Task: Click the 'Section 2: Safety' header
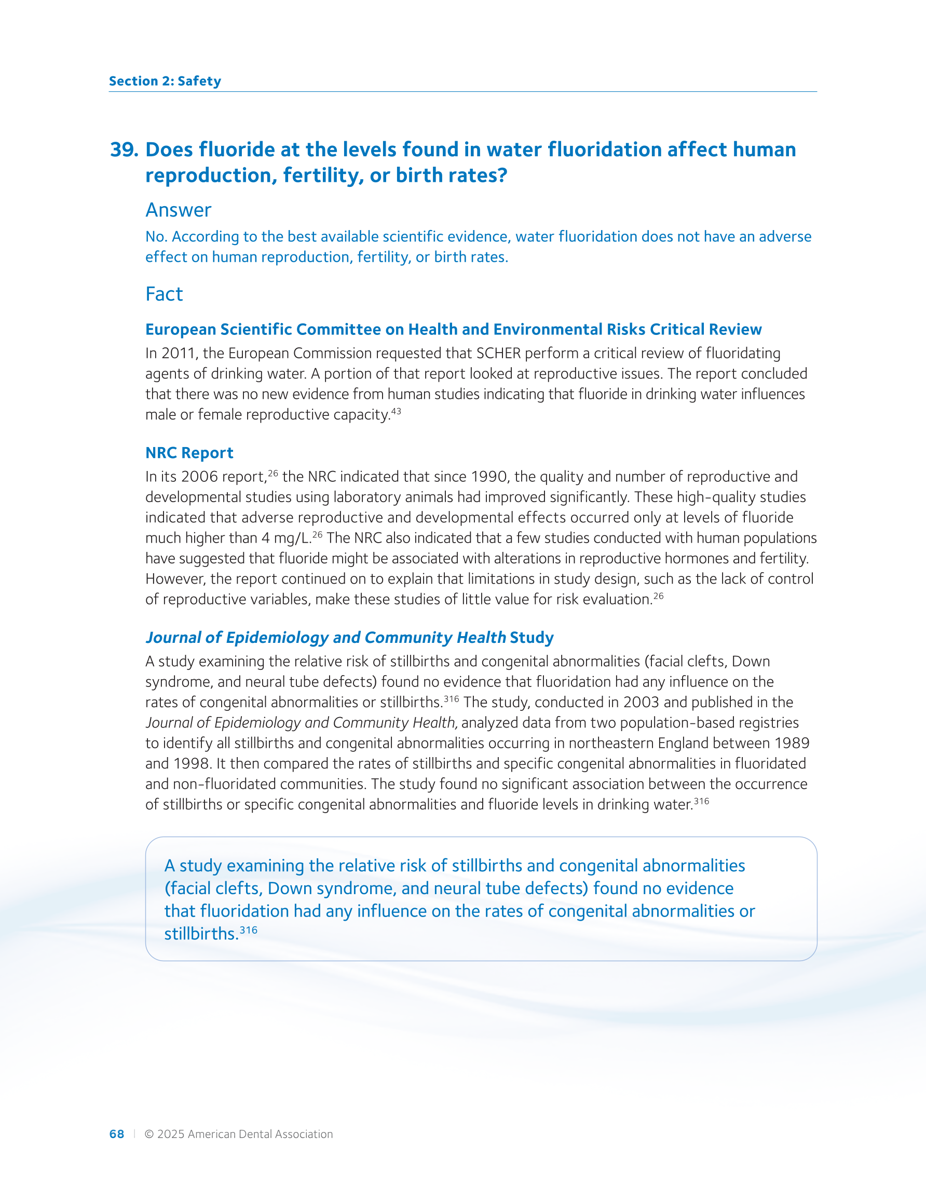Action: click(165, 81)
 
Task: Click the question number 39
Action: click(124, 150)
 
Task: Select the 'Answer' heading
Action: click(178, 210)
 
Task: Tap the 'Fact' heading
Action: click(164, 294)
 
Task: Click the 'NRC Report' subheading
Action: click(189, 453)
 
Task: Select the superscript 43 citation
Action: click(396, 411)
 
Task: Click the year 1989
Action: click(792, 743)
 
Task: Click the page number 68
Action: click(116, 1134)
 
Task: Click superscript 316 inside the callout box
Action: click(249, 930)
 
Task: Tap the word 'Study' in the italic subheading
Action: click(532, 638)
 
